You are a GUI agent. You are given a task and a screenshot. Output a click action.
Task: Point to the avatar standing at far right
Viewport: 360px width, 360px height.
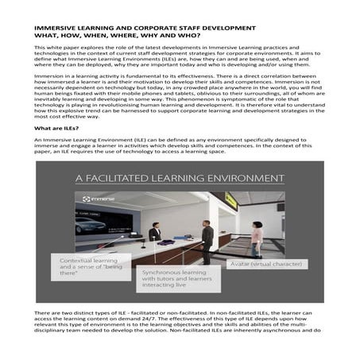tap(257, 233)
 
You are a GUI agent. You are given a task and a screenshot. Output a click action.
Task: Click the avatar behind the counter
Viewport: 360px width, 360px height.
tap(155, 232)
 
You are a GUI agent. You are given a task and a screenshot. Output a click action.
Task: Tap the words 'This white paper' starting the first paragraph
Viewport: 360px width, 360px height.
tap(55, 49)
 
